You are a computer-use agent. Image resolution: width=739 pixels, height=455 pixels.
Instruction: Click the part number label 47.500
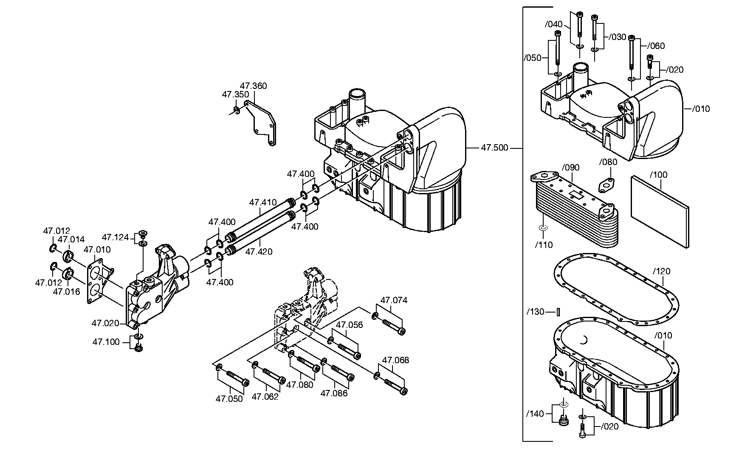tap(494, 148)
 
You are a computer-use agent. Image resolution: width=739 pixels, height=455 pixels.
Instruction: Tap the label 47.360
tap(253, 86)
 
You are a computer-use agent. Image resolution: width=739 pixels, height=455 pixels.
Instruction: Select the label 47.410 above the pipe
tap(263, 202)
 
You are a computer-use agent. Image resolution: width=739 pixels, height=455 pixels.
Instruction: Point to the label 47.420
tap(259, 251)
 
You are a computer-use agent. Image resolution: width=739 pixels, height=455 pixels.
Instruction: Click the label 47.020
tap(105, 324)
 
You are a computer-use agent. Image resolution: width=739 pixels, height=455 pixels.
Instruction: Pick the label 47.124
tap(115, 237)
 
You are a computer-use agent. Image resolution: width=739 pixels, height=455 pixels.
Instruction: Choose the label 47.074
tap(394, 300)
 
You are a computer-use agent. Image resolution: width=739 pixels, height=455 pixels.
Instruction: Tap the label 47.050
tap(229, 399)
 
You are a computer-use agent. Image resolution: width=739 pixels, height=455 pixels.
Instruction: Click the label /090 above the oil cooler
tap(570, 168)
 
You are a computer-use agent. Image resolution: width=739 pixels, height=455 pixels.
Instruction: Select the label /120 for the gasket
tap(661, 271)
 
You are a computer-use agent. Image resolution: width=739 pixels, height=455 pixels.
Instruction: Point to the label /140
tap(535, 414)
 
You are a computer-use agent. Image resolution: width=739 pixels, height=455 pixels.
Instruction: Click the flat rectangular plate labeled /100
tap(660, 211)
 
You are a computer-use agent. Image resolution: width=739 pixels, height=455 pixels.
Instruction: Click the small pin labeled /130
tap(559, 313)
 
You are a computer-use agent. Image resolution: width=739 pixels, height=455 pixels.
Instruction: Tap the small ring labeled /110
tap(542, 229)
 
